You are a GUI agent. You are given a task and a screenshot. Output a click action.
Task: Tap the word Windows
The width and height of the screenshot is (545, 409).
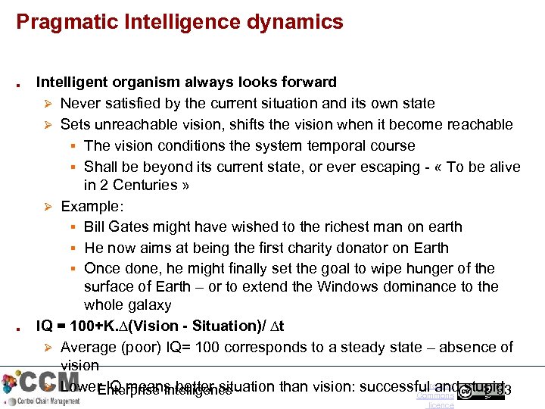tap(351, 287)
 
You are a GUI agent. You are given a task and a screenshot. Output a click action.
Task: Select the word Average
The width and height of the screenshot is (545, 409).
tap(88, 348)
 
